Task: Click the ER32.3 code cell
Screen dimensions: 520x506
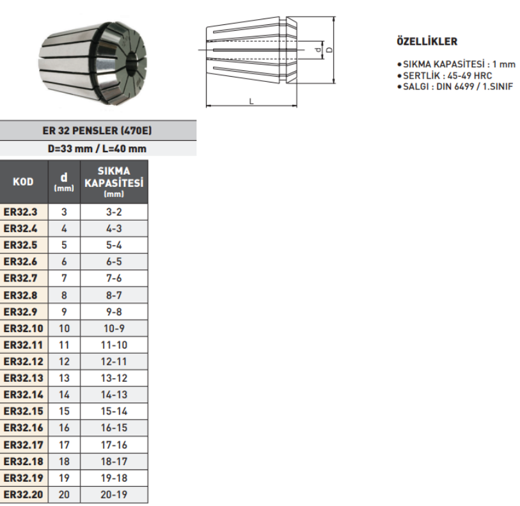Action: tap(24, 212)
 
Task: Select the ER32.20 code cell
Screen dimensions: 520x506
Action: tap(24, 494)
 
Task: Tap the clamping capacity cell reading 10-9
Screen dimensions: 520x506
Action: tap(114, 328)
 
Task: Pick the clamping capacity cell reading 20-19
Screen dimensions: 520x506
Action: tap(114, 494)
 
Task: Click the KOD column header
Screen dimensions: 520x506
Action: tap(23, 182)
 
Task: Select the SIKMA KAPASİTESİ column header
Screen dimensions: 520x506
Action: tap(114, 182)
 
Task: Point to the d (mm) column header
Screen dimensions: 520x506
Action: tap(64, 182)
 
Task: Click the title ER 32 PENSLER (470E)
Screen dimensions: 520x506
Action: tap(97, 130)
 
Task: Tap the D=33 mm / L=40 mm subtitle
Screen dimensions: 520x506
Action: tap(97, 148)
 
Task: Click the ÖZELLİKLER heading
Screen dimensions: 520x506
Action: tap(427, 42)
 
